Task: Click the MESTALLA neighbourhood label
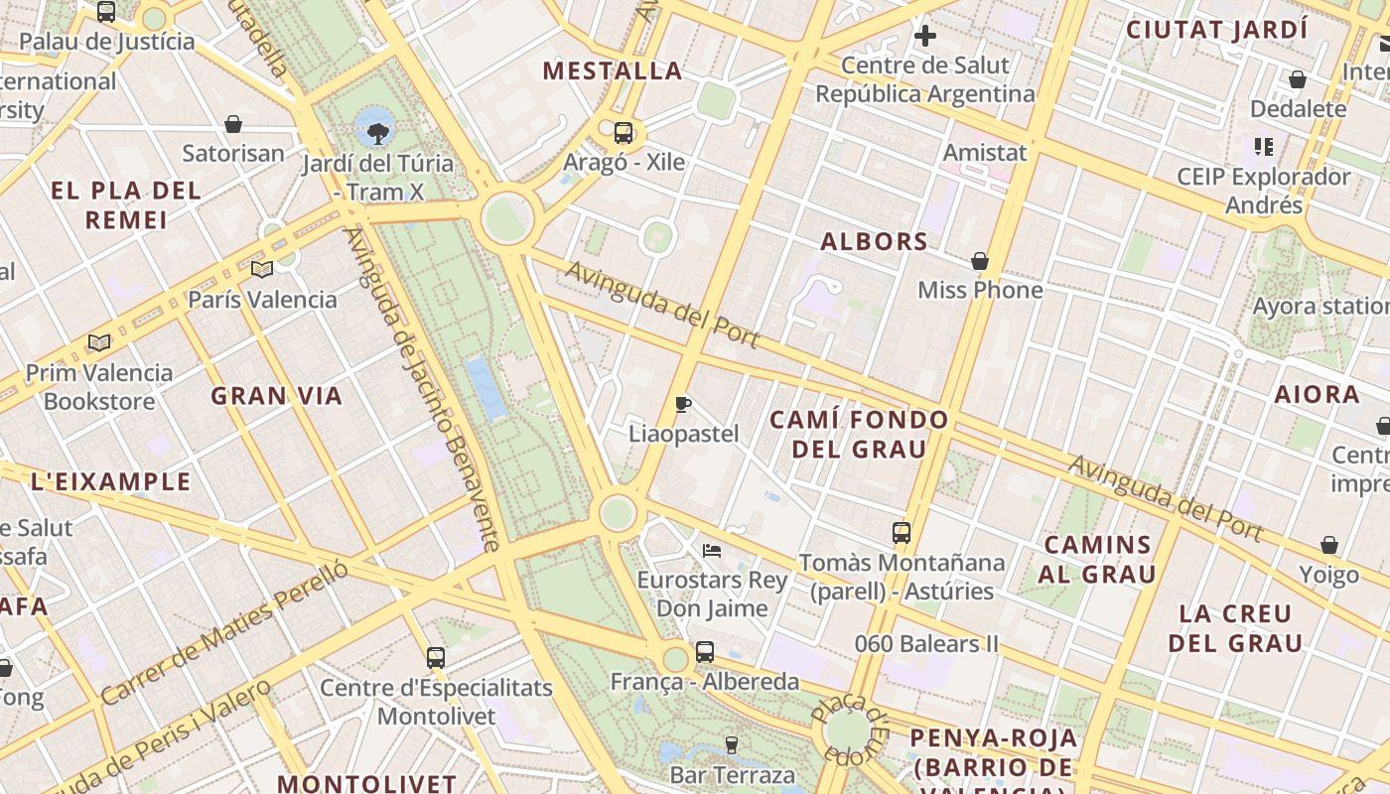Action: [613, 70]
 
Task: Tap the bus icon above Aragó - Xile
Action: [624, 132]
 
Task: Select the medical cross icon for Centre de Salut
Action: [925, 37]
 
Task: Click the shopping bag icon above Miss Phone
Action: [980, 261]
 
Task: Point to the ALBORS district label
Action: [875, 241]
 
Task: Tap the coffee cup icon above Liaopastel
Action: [682, 404]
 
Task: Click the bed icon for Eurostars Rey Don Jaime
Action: [711, 550]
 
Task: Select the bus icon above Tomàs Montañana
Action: [902, 532]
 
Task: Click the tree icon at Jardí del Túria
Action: [377, 132]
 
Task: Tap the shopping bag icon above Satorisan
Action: [233, 124]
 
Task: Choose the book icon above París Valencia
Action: [262, 269]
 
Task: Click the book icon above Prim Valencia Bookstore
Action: [98, 343]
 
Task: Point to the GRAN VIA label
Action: [276, 396]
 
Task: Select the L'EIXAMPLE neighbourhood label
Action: [110, 482]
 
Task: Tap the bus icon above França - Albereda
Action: [705, 652]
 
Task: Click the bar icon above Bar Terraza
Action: [732, 744]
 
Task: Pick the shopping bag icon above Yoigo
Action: [1329, 546]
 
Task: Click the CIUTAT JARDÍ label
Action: [1216, 30]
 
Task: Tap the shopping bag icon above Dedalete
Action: [1298, 79]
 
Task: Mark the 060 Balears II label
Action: [926, 644]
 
